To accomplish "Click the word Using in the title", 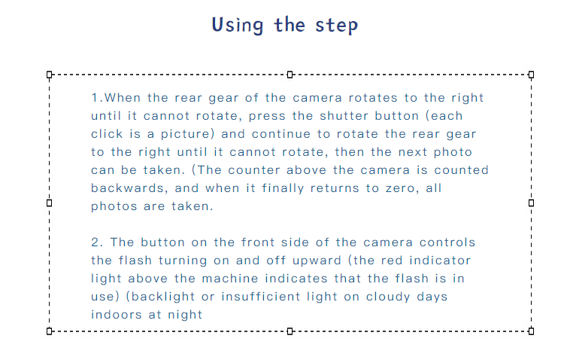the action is [x=237, y=26].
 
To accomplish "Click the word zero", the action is [x=402, y=188].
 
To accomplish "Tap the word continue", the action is [x=281, y=134].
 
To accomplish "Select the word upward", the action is [x=317, y=261].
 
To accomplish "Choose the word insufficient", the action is [x=261, y=297].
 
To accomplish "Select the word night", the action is [x=185, y=315].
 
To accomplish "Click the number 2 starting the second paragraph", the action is [x=95, y=243].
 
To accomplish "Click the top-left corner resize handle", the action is [x=50, y=75].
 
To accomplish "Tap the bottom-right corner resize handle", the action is [x=531, y=331].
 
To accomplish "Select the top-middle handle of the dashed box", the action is [x=290, y=75].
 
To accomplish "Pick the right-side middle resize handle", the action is [x=531, y=203].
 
